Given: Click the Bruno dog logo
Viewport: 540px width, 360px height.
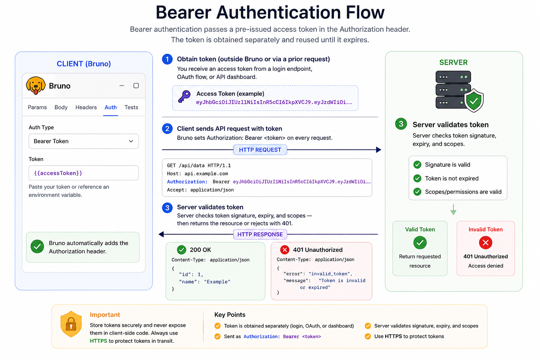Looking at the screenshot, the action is pyautogui.click(x=36, y=85).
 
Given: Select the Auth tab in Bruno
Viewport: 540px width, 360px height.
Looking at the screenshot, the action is pyautogui.click(x=111, y=107).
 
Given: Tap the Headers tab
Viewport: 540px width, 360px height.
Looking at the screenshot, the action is pyautogui.click(x=86, y=107).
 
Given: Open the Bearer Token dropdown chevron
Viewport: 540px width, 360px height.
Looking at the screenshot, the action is pyautogui.click(x=131, y=141).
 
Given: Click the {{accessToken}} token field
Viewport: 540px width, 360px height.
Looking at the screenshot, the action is pyautogui.click(x=84, y=173).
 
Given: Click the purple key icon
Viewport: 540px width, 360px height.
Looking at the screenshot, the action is pyautogui.click(x=185, y=97).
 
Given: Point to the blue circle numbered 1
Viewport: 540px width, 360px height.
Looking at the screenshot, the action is pyautogui.click(x=167, y=59).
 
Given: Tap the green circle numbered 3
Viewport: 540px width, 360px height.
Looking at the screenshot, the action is pyautogui.click(x=401, y=124).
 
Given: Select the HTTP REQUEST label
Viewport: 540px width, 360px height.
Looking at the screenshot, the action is pyautogui.click(x=260, y=150).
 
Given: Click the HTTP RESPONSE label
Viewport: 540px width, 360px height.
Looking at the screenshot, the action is pyautogui.click(x=260, y=234).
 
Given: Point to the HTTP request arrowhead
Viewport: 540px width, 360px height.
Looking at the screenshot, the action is pyautogui.click(x=379, y=150).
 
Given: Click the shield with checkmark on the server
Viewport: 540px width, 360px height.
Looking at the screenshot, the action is pyautogui.click(x=474, y=101).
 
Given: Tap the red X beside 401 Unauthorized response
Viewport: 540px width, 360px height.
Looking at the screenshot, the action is pyautogui.click(x=285, y=250).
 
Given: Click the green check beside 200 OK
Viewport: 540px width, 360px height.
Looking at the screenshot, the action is pyautogui.click(x=181, y=250).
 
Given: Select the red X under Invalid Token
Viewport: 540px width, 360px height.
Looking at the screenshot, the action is pyautogui.click(x=486, y=243).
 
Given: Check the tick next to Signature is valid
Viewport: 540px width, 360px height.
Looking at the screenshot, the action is pyautogui.click(x=417, y=165).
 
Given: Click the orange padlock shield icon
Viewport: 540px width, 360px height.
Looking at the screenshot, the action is pyautogui.click(x=71, y=324).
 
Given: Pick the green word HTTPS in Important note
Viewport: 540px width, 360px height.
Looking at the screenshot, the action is pyautogui.click(x=98, y=341).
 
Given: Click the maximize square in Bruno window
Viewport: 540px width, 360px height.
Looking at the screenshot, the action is pyautogui.click(x=136, y=85).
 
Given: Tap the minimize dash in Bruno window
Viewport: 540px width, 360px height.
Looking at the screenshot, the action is pyautogui.click(x=122, y=85).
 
